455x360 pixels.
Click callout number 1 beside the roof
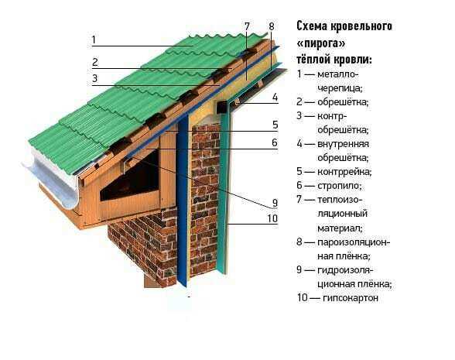pos(94,39)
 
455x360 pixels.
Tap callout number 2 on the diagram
pos(95,62)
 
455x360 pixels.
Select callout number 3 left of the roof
pos(95,78)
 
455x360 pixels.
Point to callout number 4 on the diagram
pos(275,98)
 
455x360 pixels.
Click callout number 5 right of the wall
pos(275,125)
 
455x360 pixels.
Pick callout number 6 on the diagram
pos(275,142)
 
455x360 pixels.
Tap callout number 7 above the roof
pos(247,26)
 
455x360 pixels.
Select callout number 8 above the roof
pos(272,26)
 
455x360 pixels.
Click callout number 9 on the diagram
pos(275,203)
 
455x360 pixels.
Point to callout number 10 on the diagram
pos(272,218)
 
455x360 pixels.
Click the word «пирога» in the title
pos(321,43)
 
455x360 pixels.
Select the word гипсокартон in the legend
pos(351,298)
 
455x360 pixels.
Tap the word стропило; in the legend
pos(340,186)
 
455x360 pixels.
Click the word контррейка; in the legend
pos(344,172)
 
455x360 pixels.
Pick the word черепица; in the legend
pos(340,88)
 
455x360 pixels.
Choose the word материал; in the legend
pos(340,228)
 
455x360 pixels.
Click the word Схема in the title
pos(313,26)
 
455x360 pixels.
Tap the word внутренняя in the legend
pos(343,144)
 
